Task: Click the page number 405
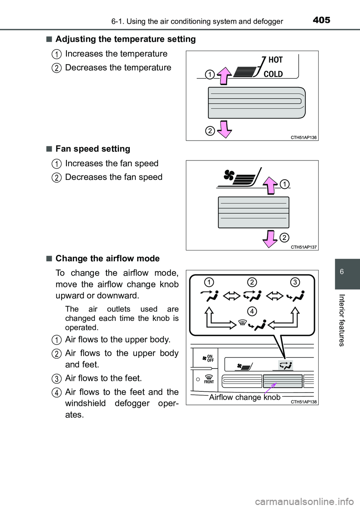click(x=321, y=20)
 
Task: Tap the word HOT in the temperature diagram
click(x=276, y=60)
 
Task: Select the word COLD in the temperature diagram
click(x=273, y=74)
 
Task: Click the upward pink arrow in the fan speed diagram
click(x=270, y=185)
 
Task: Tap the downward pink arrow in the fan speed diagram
click(x=270, y=239)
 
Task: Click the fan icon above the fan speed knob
click(x=229, y=175)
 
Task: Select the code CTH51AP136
click(x=304, y=138)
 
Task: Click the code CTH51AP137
click(x=304, y=247)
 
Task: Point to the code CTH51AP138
click(x=304, y=402)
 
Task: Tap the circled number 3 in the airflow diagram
click(x=295, y=282)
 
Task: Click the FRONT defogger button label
click(x=209, y=379)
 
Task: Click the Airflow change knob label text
click(x=244, y=397)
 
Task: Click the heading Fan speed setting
click(x=93, y=149)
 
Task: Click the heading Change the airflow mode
click(x=107, y=259)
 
